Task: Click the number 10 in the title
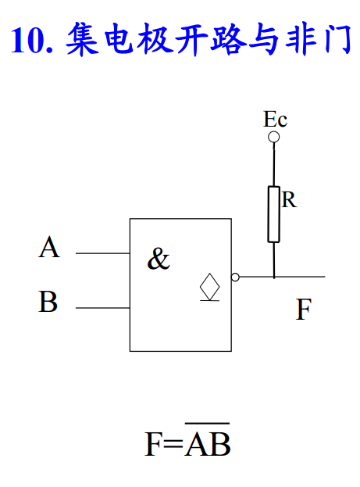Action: point(27,40)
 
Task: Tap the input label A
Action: point(49,247)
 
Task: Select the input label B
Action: point(48,301)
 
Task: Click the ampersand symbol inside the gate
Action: point(159,259)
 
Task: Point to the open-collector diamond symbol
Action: point(210,287)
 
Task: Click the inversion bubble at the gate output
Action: point(235,277)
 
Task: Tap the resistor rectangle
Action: point(274,214)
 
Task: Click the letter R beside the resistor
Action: point(289,199)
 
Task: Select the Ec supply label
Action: point(276,119)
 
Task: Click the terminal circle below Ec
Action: point(274,137)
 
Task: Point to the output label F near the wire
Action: point(303,309)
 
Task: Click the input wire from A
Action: point(103,253)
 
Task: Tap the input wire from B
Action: point(103,308)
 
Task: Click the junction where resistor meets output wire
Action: point(274,277)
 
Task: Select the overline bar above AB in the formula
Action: point(207,423)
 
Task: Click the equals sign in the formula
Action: point(173,444)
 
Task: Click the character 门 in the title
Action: point(338,40)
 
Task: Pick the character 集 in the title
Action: point(82,39)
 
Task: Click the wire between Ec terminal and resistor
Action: point(274,164)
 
